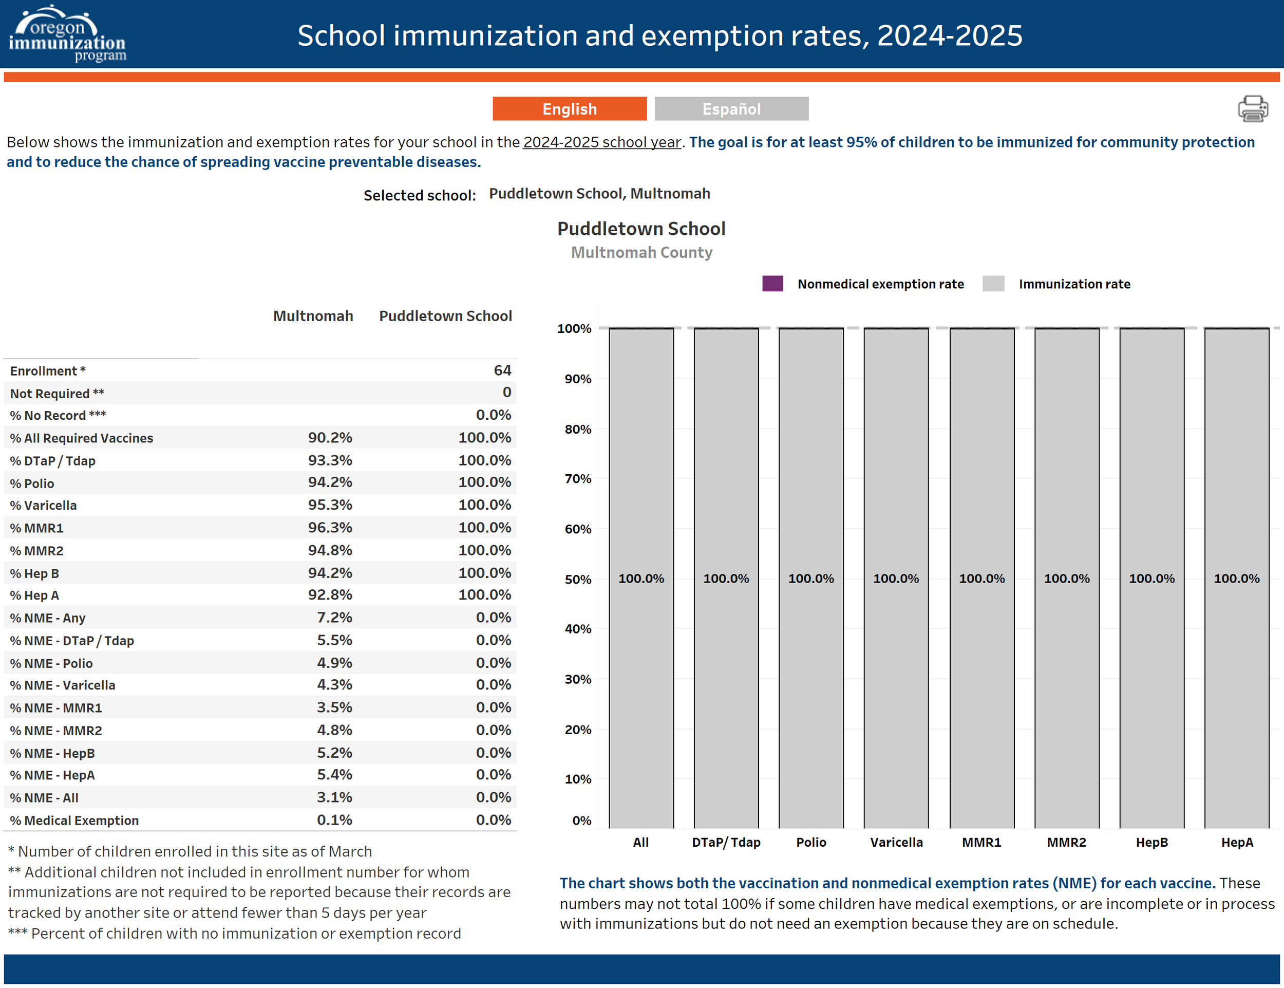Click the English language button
[569, 109]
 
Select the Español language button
[731, 109]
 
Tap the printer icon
[1252, 109]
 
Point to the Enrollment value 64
[502, 370]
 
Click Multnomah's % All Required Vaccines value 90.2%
[330, 438]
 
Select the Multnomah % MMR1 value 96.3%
[330, 528]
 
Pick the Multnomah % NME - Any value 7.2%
[334, 618]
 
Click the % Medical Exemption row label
[74, 821]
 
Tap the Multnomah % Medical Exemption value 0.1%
[334, 820]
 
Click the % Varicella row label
[44, 505]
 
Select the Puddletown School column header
[445, 316]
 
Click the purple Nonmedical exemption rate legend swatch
[772, 284]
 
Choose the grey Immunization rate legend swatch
[993, 284]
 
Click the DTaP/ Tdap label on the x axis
[726, 842]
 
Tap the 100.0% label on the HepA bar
[1236, 579]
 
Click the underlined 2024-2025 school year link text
[602, 142]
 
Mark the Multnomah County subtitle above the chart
[641, 252]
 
